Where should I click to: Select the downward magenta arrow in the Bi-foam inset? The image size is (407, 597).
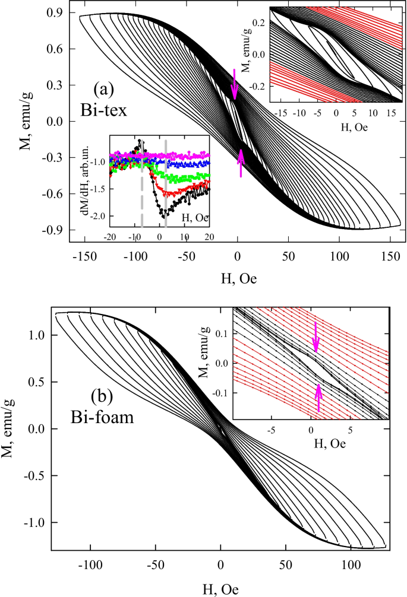coord(315,336)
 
